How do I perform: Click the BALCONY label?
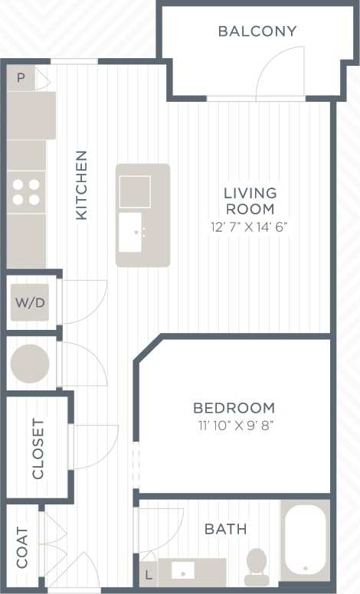257,31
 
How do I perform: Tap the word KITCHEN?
81,185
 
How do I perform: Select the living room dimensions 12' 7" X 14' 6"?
250,226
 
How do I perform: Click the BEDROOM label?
234,408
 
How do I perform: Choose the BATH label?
226,529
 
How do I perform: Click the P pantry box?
21,78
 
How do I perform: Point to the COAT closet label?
21,547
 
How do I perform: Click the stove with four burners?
26,191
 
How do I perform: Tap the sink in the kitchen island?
136,232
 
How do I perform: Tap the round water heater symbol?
31,362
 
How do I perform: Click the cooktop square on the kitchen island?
136,191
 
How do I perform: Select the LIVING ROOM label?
250,201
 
